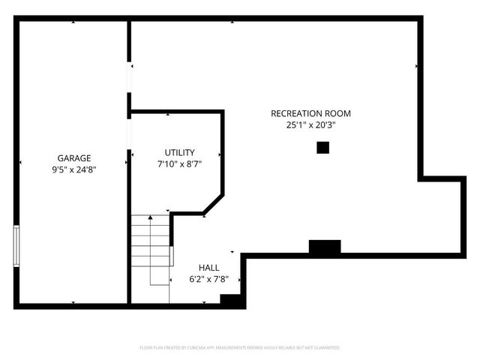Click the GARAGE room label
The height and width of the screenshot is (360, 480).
tap(74, 158)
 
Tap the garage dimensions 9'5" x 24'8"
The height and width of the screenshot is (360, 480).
tap(74, 169)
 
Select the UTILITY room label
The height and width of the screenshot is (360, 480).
tap(179, 152)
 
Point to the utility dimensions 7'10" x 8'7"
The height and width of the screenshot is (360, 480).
tap(179, 163)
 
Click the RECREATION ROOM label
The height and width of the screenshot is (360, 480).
tap(310, 114)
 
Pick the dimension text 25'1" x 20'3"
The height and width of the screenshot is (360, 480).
tap(310, 125)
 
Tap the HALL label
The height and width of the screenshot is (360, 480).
tap(208, 268)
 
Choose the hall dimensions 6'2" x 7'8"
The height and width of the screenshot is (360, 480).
tap(208, 279)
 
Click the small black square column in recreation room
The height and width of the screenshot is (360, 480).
tap(322, 148)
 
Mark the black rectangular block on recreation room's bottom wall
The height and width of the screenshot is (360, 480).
tap(325, 247)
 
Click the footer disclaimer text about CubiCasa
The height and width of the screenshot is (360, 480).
tap(240, 348)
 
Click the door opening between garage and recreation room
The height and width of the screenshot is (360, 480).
tap(129, 78)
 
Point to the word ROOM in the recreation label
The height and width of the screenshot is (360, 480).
tap(339, 114)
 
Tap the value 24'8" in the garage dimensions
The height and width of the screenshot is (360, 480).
tap(85, 169)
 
